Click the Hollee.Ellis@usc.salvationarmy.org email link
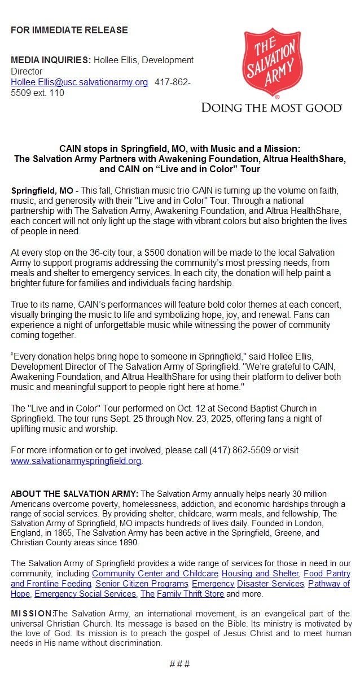click(x=80, y=82)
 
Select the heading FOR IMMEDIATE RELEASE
click(x=69, y=30)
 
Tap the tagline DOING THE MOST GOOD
click(x=271, y=107)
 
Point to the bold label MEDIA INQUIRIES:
click(x=51, y=60)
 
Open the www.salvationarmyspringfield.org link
click(x=76, y=461)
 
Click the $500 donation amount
click(x=157, y=252)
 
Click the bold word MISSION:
click(x=32, y=614)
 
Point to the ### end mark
click(x=179, y=664)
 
